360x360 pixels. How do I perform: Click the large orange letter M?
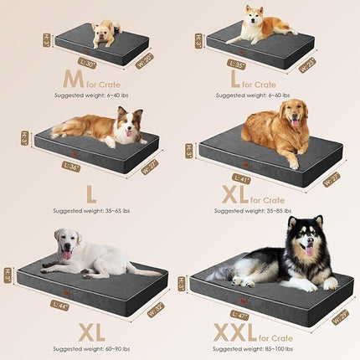tap(72, 80)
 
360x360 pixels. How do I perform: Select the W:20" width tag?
tap(143, 60)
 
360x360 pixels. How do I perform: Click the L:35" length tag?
tap(238, 63)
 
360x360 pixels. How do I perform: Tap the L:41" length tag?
tap(242, 178)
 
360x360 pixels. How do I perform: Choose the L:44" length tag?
tap(61, 304)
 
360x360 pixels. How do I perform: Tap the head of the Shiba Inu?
tap(253, 15)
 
